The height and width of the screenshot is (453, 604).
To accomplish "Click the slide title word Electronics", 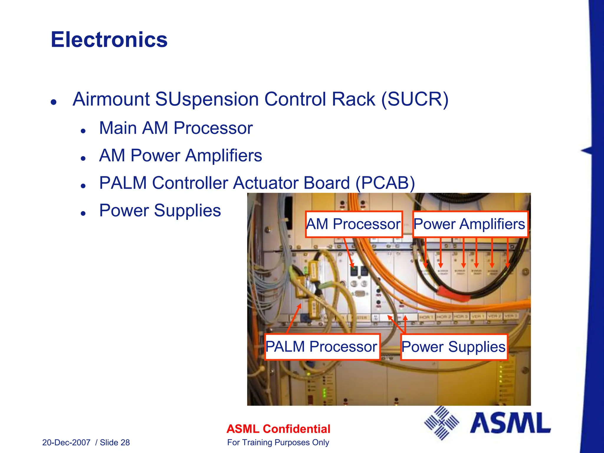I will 109,40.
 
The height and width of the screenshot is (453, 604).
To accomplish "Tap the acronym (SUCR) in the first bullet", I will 415,99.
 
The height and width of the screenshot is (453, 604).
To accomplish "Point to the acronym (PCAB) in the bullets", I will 385,183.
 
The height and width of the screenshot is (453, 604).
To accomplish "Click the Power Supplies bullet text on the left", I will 160,211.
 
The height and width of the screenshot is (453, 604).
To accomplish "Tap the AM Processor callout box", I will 354,224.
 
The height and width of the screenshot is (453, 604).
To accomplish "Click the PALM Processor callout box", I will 321,347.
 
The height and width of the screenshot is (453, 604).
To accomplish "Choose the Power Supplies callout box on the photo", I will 454,347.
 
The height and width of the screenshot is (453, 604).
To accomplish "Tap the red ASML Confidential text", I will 278,429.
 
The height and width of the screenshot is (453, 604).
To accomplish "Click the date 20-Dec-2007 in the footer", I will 66,443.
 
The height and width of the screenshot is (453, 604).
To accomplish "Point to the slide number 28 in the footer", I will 125,443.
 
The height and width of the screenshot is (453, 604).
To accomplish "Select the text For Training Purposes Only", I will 278,443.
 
